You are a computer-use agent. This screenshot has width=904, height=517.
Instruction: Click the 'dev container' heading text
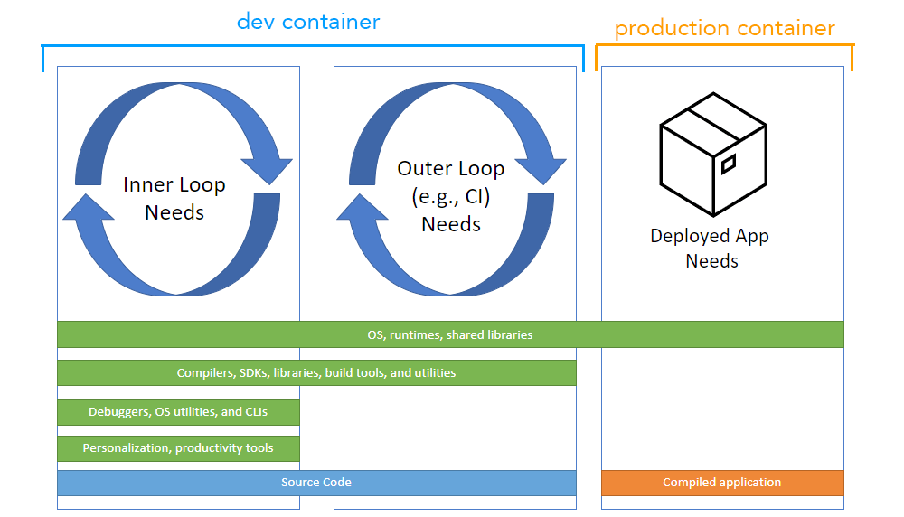tap(308, 22)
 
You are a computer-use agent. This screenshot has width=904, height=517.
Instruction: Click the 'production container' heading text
tap(724, 28)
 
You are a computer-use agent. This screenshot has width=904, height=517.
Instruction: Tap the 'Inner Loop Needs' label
tap(174, 199)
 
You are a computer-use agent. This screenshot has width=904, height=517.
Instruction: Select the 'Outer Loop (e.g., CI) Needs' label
tap(451, 196)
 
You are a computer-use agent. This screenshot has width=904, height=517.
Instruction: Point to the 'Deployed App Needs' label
tap(711, 249)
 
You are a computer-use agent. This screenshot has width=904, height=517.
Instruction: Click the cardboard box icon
tap(712, 154)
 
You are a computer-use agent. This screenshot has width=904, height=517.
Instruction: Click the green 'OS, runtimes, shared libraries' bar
tap(450, 334)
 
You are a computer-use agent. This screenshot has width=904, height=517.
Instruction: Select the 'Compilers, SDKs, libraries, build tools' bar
tap(316, 372)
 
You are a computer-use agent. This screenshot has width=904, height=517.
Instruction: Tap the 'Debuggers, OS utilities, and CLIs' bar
tap(178, 412)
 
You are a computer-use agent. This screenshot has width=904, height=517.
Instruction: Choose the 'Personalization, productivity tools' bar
tap(178, 448)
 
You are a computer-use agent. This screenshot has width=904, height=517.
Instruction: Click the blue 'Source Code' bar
tap(316, 483)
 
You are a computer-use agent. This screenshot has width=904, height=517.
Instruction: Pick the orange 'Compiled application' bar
tap(721, 483)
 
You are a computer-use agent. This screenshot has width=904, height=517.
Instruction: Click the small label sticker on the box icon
tap(728, 164)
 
